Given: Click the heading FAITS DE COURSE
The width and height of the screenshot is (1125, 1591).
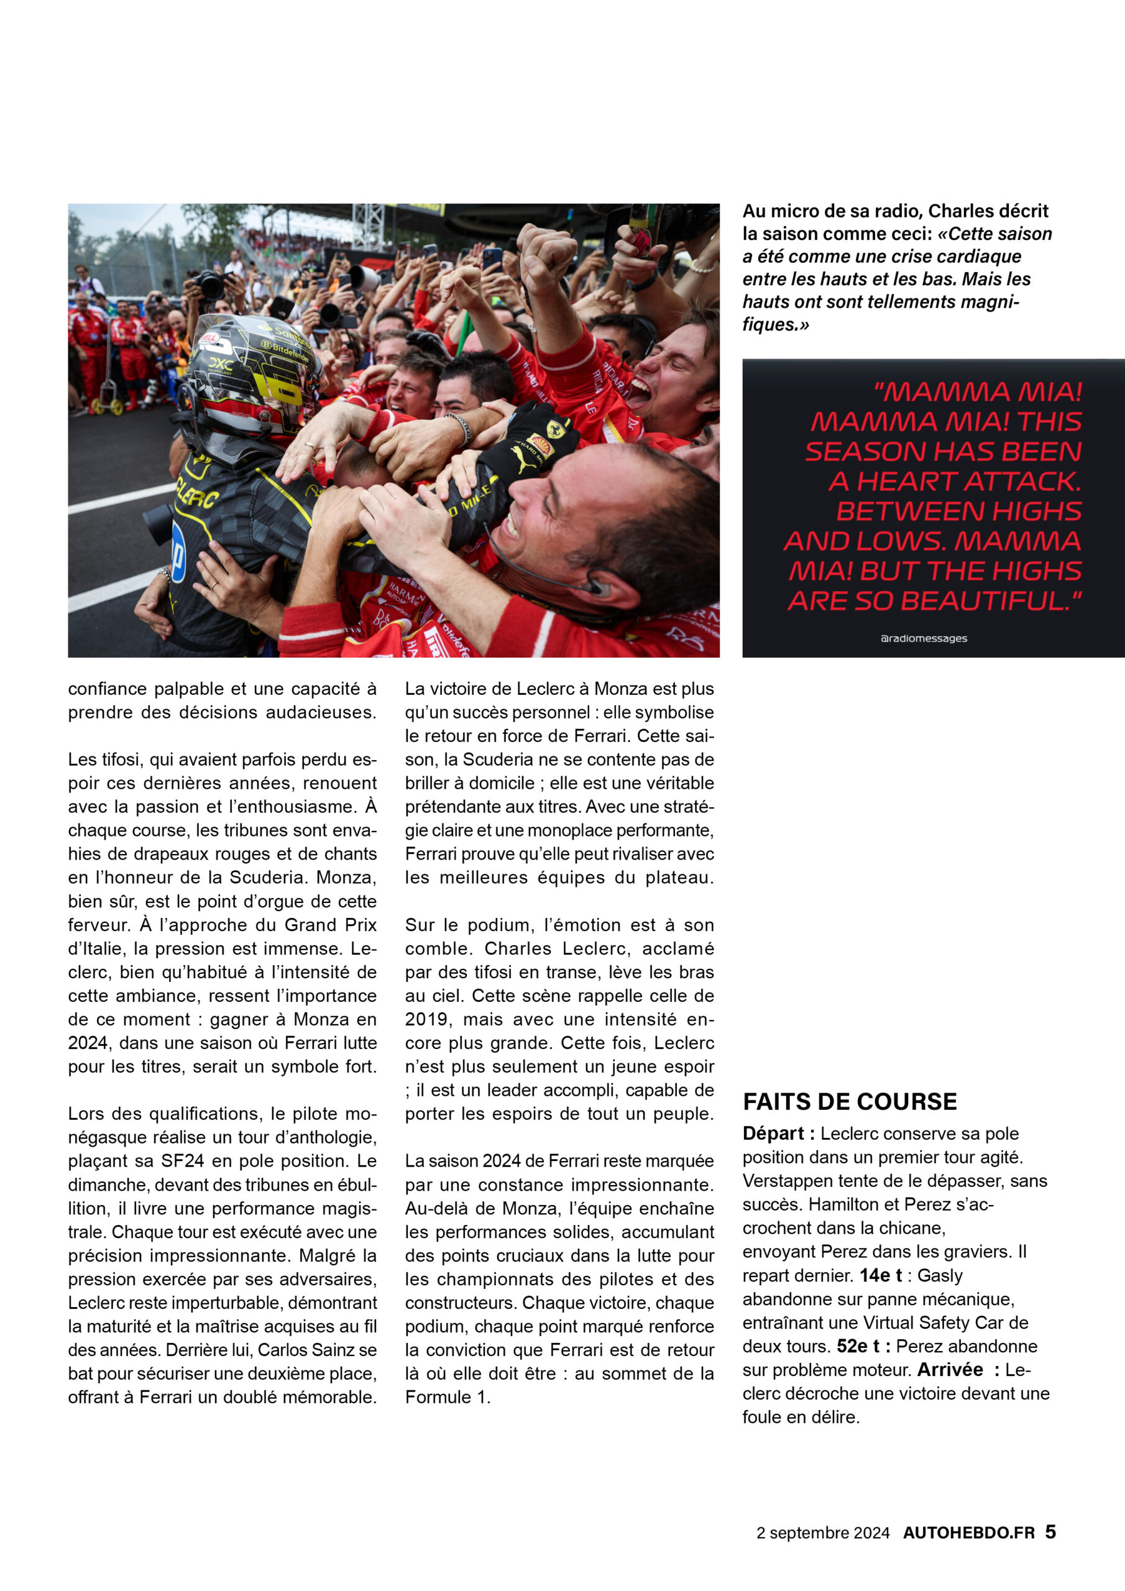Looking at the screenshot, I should click(x=849, y=1101).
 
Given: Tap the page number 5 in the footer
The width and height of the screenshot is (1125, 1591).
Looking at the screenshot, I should click(x=1050, y=1531).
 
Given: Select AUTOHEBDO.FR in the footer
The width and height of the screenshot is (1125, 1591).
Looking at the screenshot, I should click(x=968, y=1533).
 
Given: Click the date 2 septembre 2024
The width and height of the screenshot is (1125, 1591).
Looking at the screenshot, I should click(x=823, y=1533).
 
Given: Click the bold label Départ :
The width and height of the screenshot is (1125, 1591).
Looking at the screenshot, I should click(x=778, y=1134).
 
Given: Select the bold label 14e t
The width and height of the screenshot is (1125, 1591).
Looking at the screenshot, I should click(x=880, y=1275).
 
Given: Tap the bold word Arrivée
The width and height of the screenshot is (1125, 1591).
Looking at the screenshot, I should click(x=950, y=1369).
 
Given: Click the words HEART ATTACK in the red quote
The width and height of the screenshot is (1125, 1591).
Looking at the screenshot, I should click(x=955, y=481).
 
